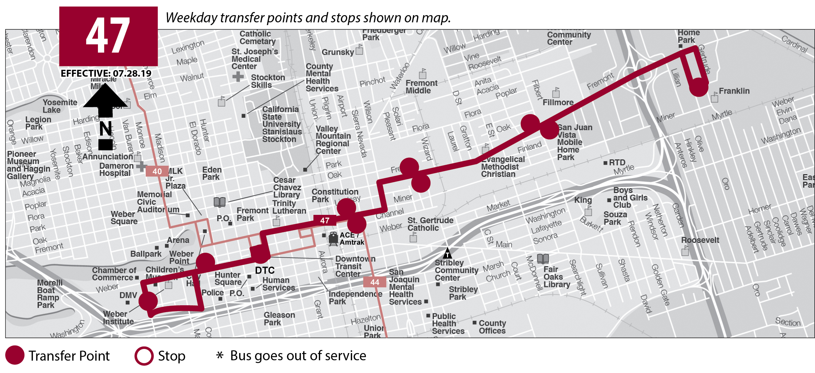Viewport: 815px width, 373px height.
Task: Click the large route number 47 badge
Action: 108,36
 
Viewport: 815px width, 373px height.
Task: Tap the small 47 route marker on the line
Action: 324,220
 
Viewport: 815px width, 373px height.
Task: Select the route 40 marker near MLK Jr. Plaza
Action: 157,171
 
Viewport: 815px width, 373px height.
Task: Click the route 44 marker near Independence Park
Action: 375,282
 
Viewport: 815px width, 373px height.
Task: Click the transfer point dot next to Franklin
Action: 699,87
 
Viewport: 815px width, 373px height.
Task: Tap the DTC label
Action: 265,270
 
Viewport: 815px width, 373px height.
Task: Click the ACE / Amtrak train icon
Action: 333,238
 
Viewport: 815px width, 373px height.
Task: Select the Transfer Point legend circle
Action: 15,355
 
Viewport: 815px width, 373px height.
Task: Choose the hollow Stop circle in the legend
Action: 144,356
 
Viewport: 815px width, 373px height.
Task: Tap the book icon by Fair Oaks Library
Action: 543,258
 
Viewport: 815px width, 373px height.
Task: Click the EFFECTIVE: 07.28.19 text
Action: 106,73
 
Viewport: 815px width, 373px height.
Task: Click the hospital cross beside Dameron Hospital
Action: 141,166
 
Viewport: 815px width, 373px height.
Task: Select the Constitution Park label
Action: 334,195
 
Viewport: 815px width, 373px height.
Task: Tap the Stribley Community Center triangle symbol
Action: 447,253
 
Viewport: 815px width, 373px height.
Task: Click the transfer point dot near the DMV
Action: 148,301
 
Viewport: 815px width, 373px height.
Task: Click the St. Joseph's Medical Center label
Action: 254,59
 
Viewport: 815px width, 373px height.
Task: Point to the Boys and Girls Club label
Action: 630,198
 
